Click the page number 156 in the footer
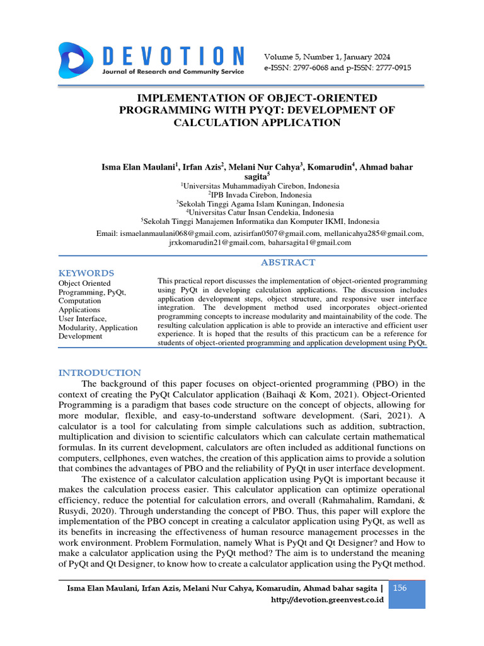click(400, 588)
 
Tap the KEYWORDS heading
click(86, 273)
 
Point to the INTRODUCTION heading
click(100, 373)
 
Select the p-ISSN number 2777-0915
click(387, 68)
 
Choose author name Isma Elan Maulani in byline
click(139, 167)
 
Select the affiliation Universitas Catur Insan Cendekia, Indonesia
click(261, 213)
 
